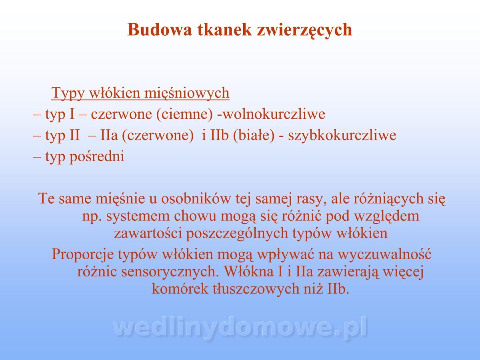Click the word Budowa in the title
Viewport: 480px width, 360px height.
(x=160, y=30)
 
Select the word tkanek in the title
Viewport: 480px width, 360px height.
(x=224, y=29)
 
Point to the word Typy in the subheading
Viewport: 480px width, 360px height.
(x=68, y=93)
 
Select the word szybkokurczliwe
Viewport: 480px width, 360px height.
(x=342, y=136)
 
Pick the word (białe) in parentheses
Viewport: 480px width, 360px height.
(x=254, y=136)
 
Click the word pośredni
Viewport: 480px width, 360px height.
(x=97, y=157)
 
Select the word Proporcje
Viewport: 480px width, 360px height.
(x=83, y=255)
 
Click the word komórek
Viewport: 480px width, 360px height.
(x=180, y=289)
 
